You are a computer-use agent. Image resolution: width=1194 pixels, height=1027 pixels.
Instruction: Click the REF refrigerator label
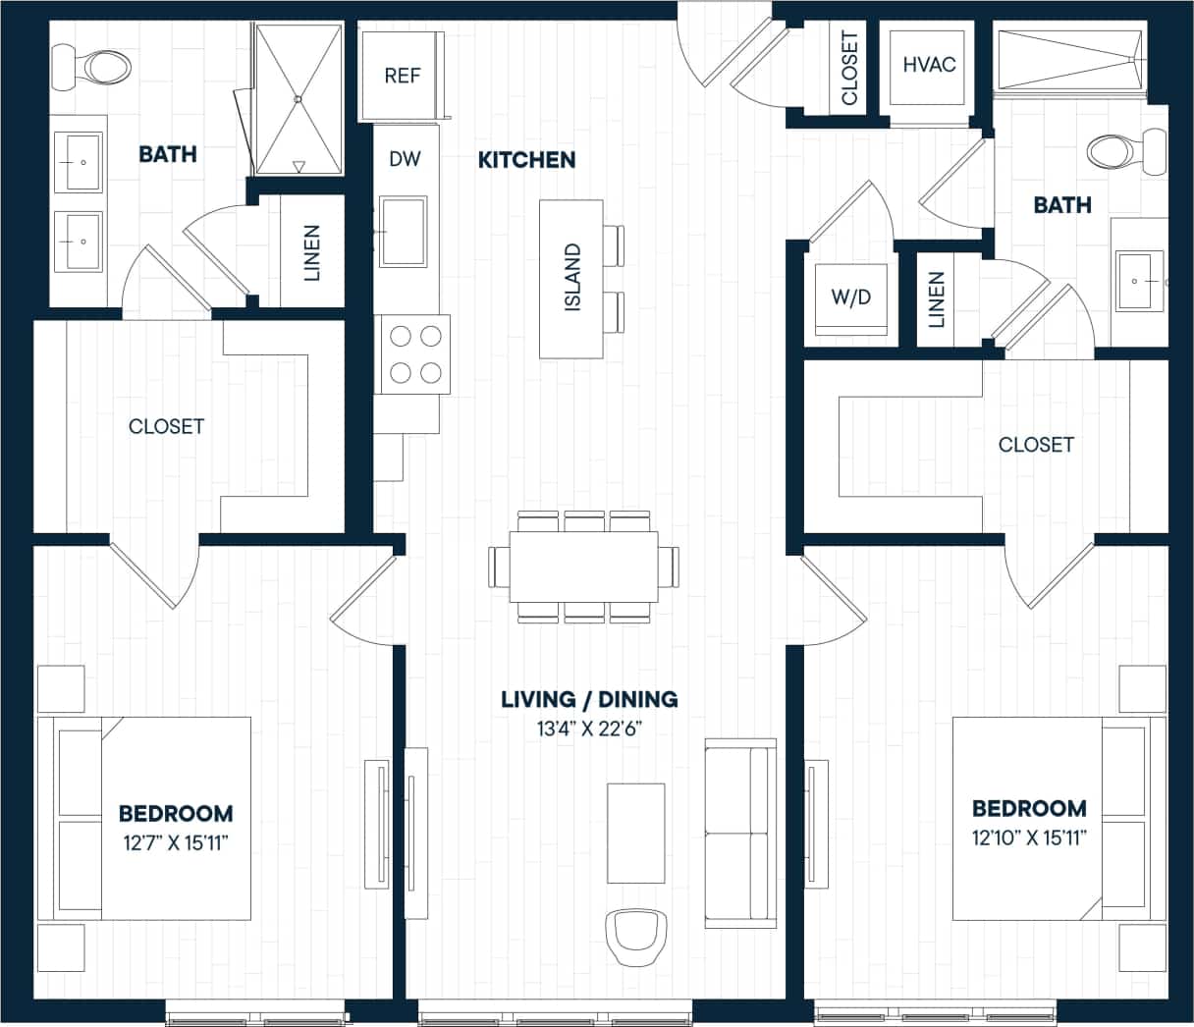click(x=403, y=76)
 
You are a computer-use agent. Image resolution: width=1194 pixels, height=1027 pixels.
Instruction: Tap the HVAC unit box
click(x=928, y=65)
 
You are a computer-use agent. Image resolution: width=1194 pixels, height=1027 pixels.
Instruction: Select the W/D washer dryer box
click(x=850, y=297)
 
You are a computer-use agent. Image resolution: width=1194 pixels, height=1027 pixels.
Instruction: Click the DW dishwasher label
click(x=405, y=158)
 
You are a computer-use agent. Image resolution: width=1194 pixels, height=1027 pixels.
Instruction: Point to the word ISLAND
click(x=573, y=278)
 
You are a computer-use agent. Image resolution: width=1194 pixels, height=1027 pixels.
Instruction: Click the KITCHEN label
click(x=526, y=159)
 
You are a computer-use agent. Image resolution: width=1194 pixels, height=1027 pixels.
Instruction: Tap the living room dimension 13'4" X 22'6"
click(x=589, y=729)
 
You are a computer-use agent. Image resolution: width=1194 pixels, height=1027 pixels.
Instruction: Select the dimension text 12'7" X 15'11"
click(x=176, y=841)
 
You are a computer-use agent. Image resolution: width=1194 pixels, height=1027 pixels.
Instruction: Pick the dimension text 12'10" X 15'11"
click(x=1029, y=837)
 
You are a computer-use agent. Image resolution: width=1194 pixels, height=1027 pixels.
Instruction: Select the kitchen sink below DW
click(x=404, y=232)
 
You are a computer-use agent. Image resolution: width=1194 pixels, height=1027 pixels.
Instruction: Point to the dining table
click(x=584, y=567)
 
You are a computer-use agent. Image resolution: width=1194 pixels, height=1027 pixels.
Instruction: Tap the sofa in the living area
click(x=739, y=835)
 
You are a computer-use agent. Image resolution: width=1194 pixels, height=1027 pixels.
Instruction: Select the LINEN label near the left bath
click(x=312, y=252)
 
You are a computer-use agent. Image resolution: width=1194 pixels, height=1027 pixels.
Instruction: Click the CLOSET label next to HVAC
click(x=850, y=68)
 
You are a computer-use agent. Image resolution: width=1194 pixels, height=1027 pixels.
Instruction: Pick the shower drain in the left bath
click(x=298, y=98)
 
